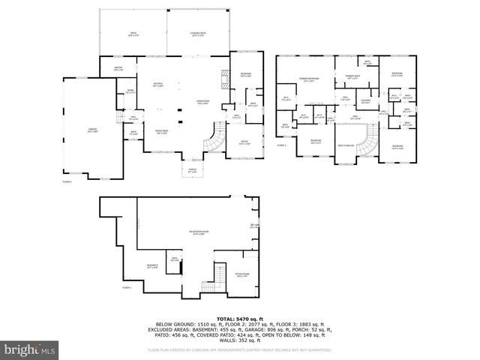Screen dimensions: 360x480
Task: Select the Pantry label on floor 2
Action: [118, 69]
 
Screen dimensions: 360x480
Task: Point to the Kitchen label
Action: [158, 84]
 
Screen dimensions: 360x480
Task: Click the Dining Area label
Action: [160, 133]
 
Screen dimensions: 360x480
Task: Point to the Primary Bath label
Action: [351, 76]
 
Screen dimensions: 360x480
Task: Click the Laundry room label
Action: [365, 100]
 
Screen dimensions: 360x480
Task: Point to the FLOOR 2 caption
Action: [66, 181]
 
